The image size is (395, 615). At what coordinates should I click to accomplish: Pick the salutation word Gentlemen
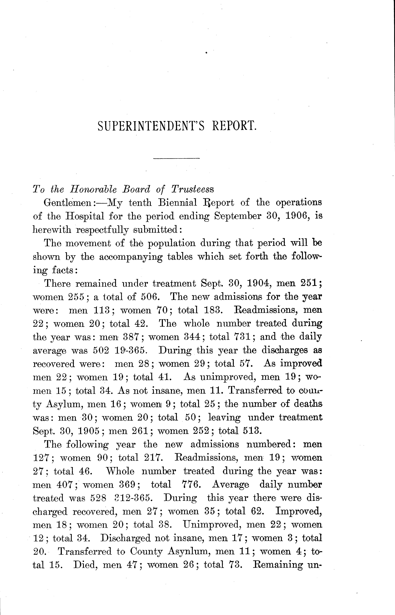68,203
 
